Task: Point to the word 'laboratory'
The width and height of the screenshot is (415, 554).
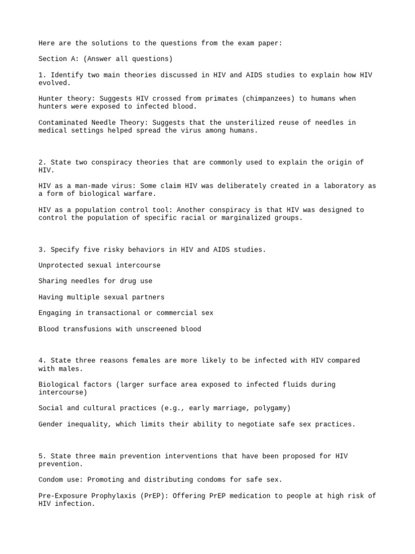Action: pyautogui.click(x=343, y=186)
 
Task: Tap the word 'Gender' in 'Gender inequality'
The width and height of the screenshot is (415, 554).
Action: pyautogui.click(x=50, y=424)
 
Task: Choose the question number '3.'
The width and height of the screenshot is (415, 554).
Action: pyautogui.click(x=42, y=249)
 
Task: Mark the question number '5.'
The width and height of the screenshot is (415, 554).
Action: pyautogui.click(x=42, y=456)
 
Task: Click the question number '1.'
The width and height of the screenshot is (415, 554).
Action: pyautogui.click(x=42, y=75)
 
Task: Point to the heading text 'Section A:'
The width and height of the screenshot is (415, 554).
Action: pyautogui.click(x=58, y=59)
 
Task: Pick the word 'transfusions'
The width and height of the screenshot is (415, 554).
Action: pyautogui.click(x=88, y=329)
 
